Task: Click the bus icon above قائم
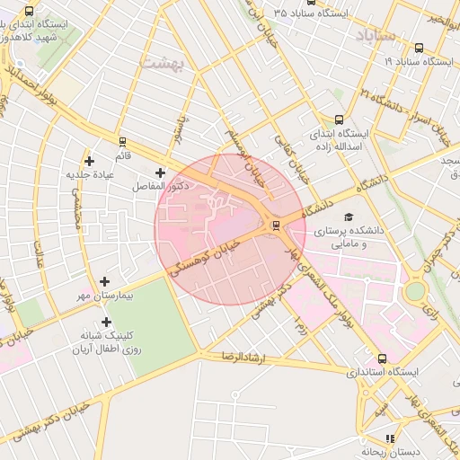click(122, 141)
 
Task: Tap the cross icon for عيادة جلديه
click(89, 160)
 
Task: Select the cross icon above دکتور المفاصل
click(161, 172)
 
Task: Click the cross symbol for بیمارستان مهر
click(105, 281)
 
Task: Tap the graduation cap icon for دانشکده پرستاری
click(348, 217)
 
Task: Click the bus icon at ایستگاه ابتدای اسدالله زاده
click(339, 119)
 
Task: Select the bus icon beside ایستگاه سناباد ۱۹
click(420, 48)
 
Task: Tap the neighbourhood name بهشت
click(161, 61)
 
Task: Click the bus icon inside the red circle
click(275, 226)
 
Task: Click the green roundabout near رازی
click(414, 291)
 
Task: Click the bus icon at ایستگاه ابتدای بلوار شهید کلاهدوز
click(30, 12)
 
